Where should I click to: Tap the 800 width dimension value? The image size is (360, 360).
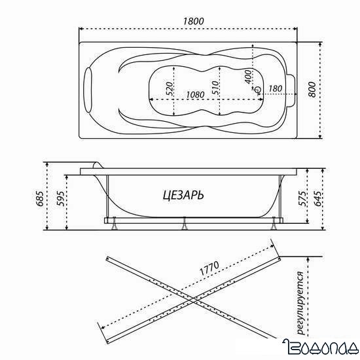coord(331,90)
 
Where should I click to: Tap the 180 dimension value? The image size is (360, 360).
coord(275,89)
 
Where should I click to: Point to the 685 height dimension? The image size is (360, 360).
coord(40,196)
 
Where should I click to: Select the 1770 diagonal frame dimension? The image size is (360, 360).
coord(206,270)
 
